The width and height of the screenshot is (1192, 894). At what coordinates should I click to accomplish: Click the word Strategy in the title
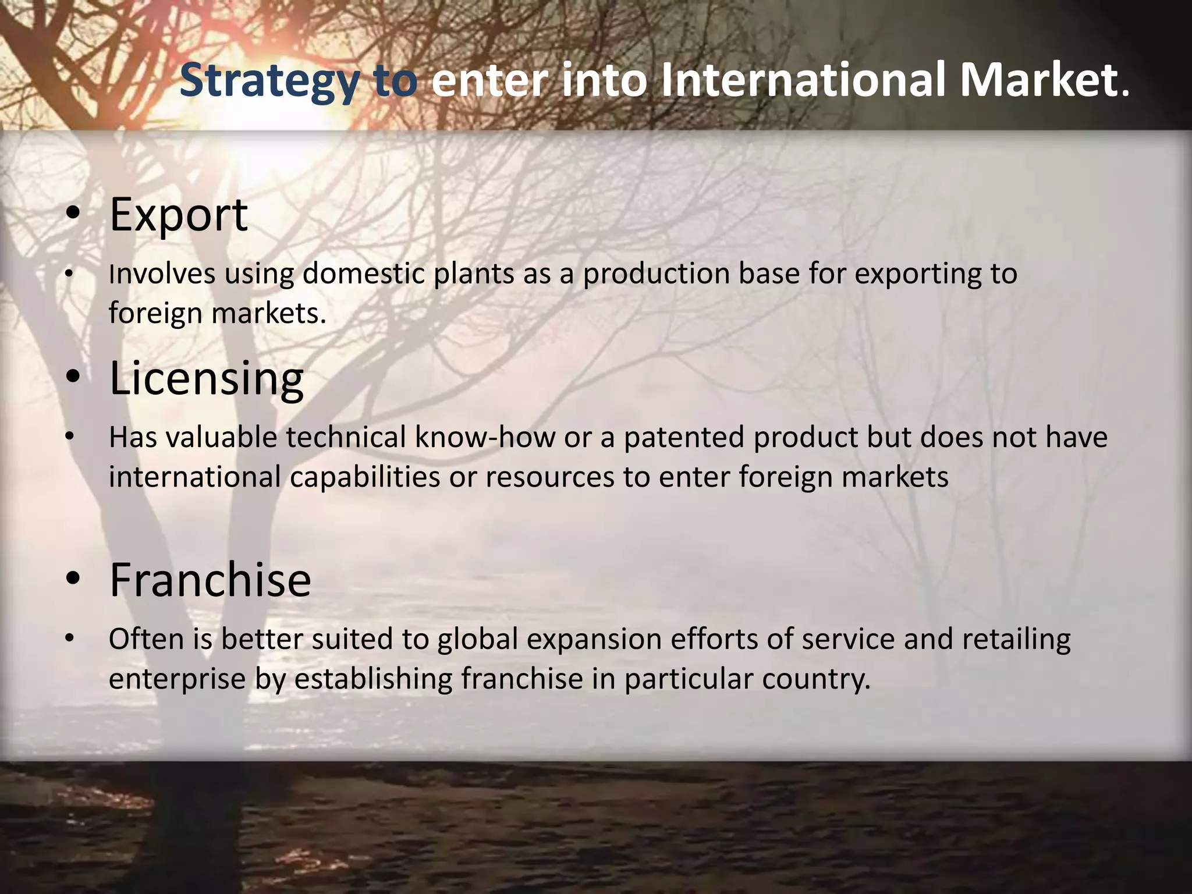(x=269, y=81)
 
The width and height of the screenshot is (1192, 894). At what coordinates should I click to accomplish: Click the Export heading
(x=179, y=215)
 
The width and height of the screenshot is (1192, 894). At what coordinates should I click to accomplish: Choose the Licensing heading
(x=207, y=378)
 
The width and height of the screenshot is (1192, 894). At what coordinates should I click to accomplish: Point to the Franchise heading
(x=210, y=580)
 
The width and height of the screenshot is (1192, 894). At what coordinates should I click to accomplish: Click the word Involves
(x=162, y=274)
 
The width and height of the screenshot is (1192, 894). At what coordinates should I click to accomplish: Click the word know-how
(x=484, y=437)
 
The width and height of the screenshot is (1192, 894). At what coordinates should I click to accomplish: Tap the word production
(x=656, y=274)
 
